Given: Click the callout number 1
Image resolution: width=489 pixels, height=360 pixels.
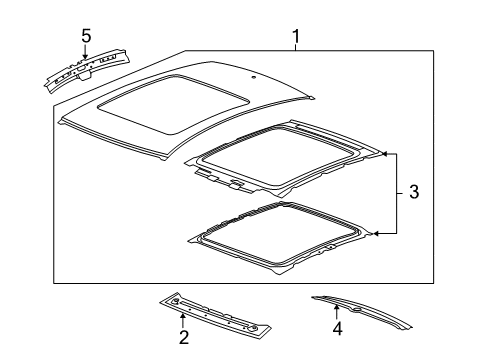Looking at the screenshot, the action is click(x=296, y=37).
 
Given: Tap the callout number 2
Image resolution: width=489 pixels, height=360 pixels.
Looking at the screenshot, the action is click(x=184, y=337).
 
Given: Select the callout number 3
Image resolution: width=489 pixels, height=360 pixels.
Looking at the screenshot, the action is click(x=414, y=192).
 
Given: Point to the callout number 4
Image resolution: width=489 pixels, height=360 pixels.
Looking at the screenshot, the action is click(x=337, y=328).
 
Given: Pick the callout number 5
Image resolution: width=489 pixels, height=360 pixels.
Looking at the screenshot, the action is click(x=86, y=36).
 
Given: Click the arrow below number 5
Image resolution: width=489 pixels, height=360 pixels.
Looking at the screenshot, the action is click(x=85, y=52).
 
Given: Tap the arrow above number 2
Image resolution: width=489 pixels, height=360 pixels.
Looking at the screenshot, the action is click(x=183, y=321).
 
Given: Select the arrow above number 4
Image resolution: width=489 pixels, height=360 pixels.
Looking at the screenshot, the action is click(x=337, y=312).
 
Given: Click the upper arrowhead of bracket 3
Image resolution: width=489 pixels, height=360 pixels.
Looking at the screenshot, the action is click(x=383, y=154).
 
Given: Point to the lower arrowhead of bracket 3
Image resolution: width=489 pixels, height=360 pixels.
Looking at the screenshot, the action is click(x=375, y=234).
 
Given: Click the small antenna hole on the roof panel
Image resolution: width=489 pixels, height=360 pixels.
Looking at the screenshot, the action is click(x=253, y=78).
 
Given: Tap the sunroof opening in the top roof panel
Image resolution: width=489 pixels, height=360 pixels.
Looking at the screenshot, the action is click(x=173, y=104).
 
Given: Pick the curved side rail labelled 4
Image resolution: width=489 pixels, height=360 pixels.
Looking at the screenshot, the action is click(x=362, y=312).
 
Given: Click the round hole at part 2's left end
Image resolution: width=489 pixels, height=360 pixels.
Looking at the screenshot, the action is click(x=175, y=302).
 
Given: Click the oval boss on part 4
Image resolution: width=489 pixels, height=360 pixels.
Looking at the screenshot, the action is click(x=358, y=310).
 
